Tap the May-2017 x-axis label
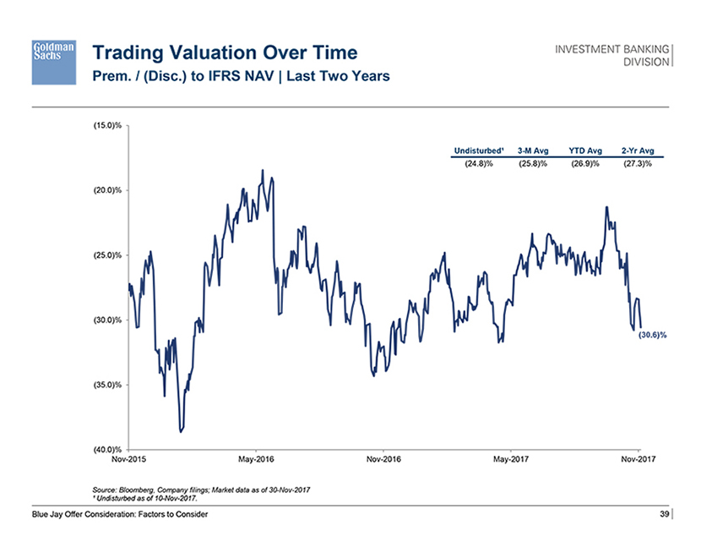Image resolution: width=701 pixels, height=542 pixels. [512, 460]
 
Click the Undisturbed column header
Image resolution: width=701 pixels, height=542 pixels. [478, 151]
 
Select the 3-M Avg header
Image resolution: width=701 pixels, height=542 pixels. [533, 151]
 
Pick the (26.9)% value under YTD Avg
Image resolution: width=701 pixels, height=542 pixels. [585, 163]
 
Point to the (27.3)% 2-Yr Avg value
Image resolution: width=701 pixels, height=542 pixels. [638, 163]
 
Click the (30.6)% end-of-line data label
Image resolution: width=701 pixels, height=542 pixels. [652, 335]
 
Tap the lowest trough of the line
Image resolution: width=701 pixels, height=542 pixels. [180, 431]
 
